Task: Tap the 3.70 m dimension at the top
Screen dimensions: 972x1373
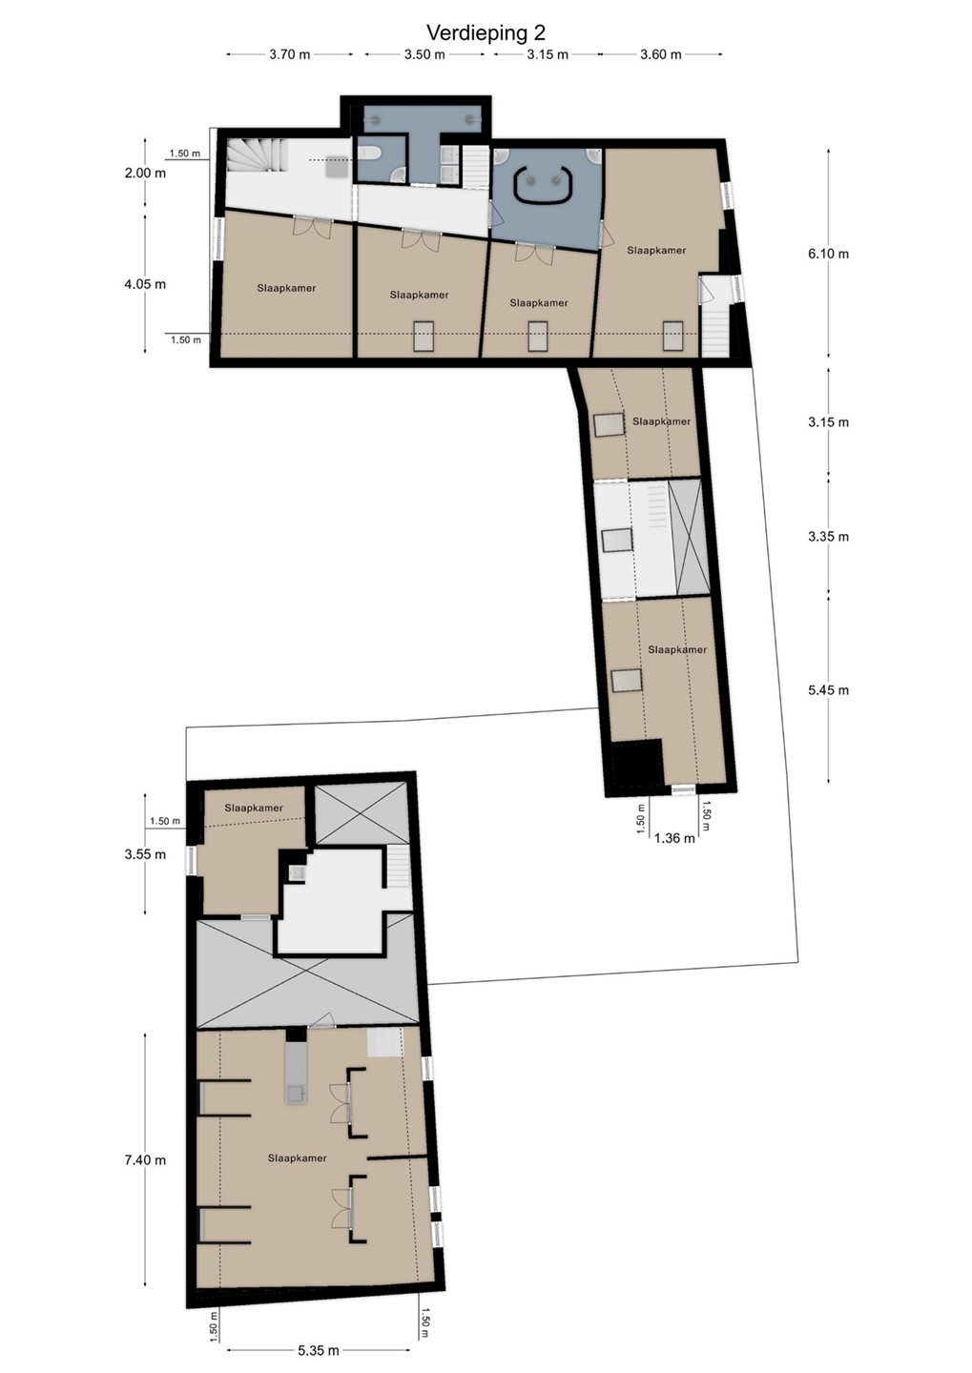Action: [289, 54]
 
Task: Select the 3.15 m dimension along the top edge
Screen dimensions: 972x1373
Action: [548, 54]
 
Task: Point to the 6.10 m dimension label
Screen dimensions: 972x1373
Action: [829, 254]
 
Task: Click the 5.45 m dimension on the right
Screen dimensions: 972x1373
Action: [829, 690]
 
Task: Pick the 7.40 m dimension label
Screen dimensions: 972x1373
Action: [145, 1160]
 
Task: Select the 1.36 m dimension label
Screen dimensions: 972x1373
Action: [674, 838]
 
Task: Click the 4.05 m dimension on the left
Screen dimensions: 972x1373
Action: [145, 284]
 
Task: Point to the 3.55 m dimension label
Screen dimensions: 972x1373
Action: [145, 854]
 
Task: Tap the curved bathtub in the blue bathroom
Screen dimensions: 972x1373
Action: [544, 184]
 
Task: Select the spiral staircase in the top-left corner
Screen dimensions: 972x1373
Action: [257, 156]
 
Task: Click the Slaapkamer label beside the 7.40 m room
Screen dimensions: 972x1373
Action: [298, 1158]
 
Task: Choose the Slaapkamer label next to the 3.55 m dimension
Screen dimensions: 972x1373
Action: [254, 808]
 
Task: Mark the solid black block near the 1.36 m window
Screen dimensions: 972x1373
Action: [638, 763]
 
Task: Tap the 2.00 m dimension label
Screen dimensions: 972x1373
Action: [145, 173]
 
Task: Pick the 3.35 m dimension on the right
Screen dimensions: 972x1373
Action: [829, 537]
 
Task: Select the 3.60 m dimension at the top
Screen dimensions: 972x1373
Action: [661, 54]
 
